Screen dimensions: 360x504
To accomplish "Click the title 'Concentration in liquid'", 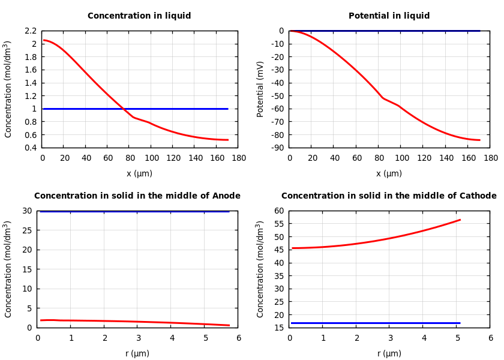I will point(139,16).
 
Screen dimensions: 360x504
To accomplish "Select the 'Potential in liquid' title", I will point(389,16).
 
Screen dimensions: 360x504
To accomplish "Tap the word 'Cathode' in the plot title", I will point(476,196).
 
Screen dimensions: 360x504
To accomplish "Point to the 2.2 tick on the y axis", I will point(30,31).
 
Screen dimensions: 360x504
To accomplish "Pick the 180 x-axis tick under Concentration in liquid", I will point(238,158).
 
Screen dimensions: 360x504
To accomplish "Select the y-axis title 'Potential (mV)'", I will point(260,89).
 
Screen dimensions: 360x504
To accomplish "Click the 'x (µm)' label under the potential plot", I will point(389,174).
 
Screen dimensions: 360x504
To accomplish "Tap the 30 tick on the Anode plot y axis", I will point(26,211).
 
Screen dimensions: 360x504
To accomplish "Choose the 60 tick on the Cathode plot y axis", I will point(278,211).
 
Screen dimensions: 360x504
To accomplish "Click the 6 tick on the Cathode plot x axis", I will point(490,338).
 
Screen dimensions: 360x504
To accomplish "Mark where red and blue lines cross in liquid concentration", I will point(123,109).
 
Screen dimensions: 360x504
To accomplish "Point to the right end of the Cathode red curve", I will point(460,220).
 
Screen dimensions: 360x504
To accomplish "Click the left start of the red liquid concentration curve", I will point(44,40).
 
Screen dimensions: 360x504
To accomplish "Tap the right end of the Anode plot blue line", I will point(229,211).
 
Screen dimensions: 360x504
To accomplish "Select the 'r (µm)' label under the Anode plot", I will point(137,354).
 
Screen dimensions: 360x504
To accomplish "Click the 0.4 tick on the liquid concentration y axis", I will point(30,148).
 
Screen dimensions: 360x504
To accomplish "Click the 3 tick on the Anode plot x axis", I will point(137,338).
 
